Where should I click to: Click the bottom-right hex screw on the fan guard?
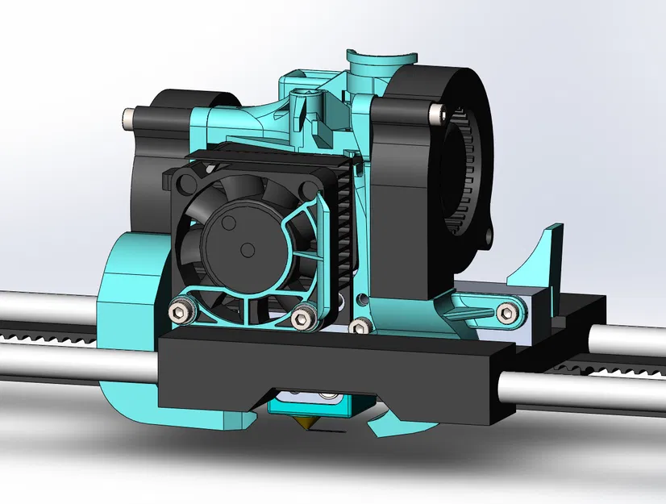pyautogui.click(x=303, y=319)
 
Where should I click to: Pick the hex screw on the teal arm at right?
pyautogui.click(x=506, y=312)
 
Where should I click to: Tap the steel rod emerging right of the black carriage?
pyautogui.click(x=581, y=386)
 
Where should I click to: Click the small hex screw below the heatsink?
pyautogui.click(x=359, y=325)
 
